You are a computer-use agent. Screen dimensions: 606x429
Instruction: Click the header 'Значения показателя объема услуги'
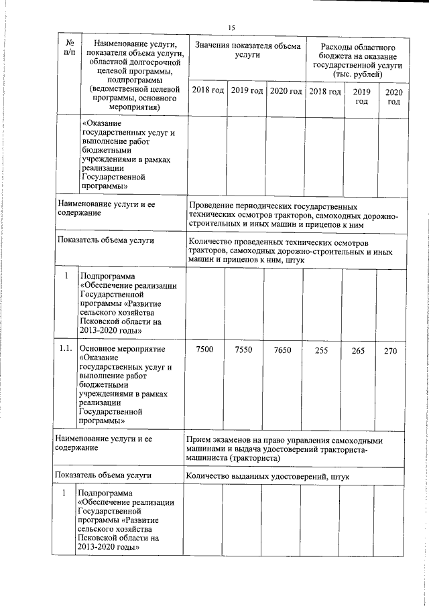pos(247,50)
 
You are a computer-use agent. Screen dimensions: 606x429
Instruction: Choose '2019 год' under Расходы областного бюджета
pos(361,96)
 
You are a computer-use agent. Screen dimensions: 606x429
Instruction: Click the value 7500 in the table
pos(204,350)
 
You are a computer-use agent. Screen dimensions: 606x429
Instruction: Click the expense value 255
pos(322,351)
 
